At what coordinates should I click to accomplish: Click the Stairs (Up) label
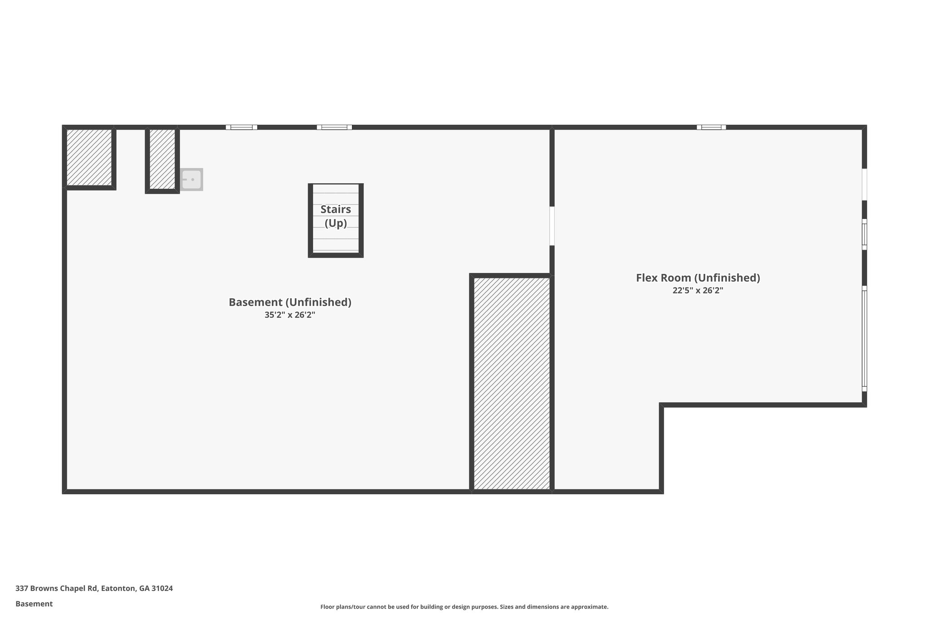coord(336,216)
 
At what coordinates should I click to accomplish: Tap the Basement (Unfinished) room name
coord(290,302)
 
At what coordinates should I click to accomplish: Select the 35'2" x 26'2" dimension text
coord(290,315)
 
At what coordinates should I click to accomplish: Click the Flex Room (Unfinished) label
coord(698,278)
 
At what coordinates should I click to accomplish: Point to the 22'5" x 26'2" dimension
coord(698,290)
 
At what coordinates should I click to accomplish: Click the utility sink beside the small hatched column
coord(192,180)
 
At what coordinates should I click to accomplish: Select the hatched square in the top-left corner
coord(89,157)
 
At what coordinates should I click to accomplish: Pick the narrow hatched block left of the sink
coord(162,159)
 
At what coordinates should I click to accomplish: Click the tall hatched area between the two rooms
coord(512,383)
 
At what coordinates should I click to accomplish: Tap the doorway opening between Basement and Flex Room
coord(552,226)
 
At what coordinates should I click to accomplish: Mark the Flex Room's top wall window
coord(711,127)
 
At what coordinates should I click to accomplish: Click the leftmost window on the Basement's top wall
coord(241,127)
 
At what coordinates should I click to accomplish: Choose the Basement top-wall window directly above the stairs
coord(334,127)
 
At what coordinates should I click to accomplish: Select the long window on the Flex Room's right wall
coord(864,338)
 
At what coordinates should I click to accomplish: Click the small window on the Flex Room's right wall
coord(864,234)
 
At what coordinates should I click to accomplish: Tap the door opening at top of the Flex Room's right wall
coord(864,184)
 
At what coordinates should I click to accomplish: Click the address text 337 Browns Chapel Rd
coord(57,588)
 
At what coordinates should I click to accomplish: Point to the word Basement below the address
coord(34,604)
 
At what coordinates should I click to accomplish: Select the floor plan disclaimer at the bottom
coord(464,607)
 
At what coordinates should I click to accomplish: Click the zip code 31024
coord(162,588)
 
